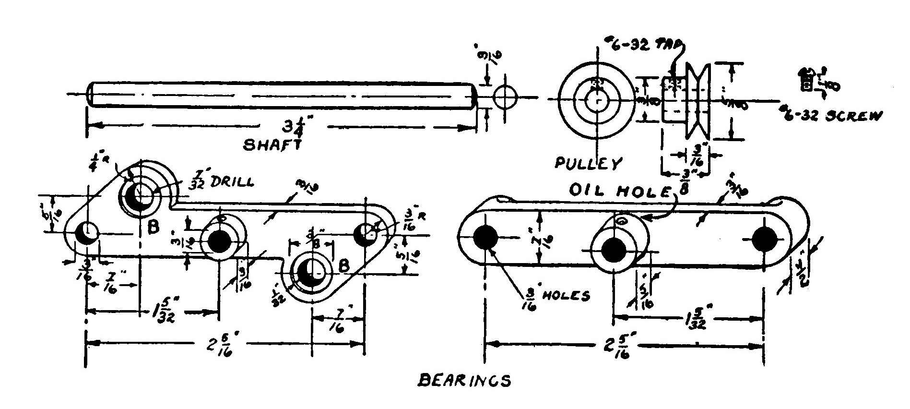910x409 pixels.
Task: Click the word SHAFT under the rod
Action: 272,144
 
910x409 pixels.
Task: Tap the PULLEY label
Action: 587,163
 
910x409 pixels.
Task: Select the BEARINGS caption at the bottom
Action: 464,381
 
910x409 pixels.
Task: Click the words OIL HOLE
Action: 619,191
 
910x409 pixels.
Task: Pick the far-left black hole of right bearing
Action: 485,238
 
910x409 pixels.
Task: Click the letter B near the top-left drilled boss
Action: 153,228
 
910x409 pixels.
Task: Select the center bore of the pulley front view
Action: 596,100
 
